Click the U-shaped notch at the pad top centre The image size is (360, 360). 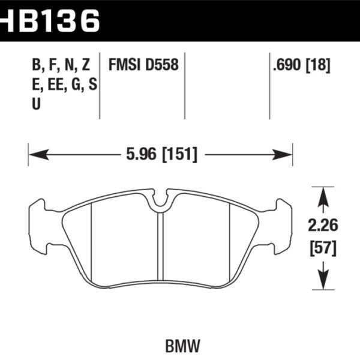click(x=160, y=201)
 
